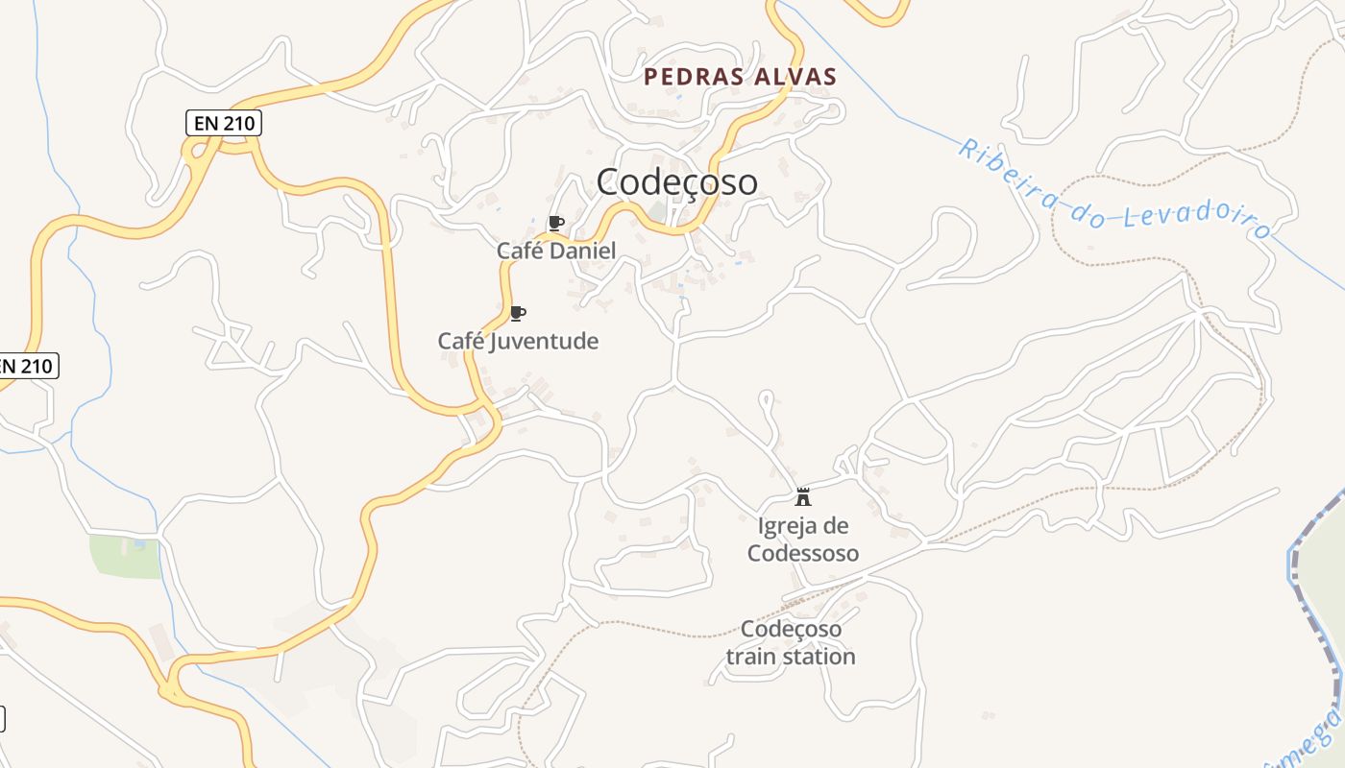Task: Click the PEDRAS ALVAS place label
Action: [x=740, y=77]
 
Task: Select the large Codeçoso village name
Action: [x=676, y=181]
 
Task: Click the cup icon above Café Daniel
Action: [x=554, y=224]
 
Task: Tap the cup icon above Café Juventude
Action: [x=517, y=313]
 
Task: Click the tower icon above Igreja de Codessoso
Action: [x=803, y=497]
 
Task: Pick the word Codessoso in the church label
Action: [x=803, y=553]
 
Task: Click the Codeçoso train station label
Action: [x=791, y=643]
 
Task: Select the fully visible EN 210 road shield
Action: [x=223, y=123]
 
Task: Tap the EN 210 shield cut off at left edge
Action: [x=27, y=366]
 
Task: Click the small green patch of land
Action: [x=125, y=557]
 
